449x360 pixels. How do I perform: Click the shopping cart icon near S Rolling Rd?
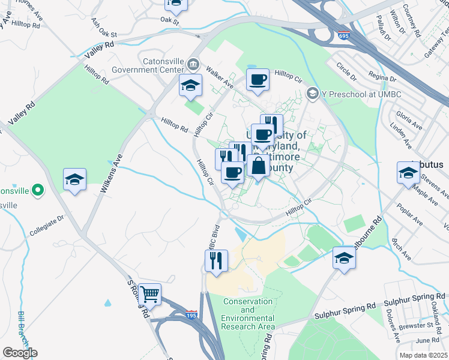[x=149, y=294]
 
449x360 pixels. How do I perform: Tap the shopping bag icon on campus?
[x=258, y=166]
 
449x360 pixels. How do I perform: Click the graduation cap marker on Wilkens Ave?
[x=75, y=179]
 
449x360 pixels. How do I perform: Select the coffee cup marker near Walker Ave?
[x=258, y=80]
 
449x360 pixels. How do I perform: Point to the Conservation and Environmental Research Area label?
[x=249, y=314]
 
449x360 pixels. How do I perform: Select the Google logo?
[x=19, y=353]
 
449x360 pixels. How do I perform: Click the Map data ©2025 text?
[x=423, y=355]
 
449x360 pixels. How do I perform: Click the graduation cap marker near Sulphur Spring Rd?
[x=345, y=258]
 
